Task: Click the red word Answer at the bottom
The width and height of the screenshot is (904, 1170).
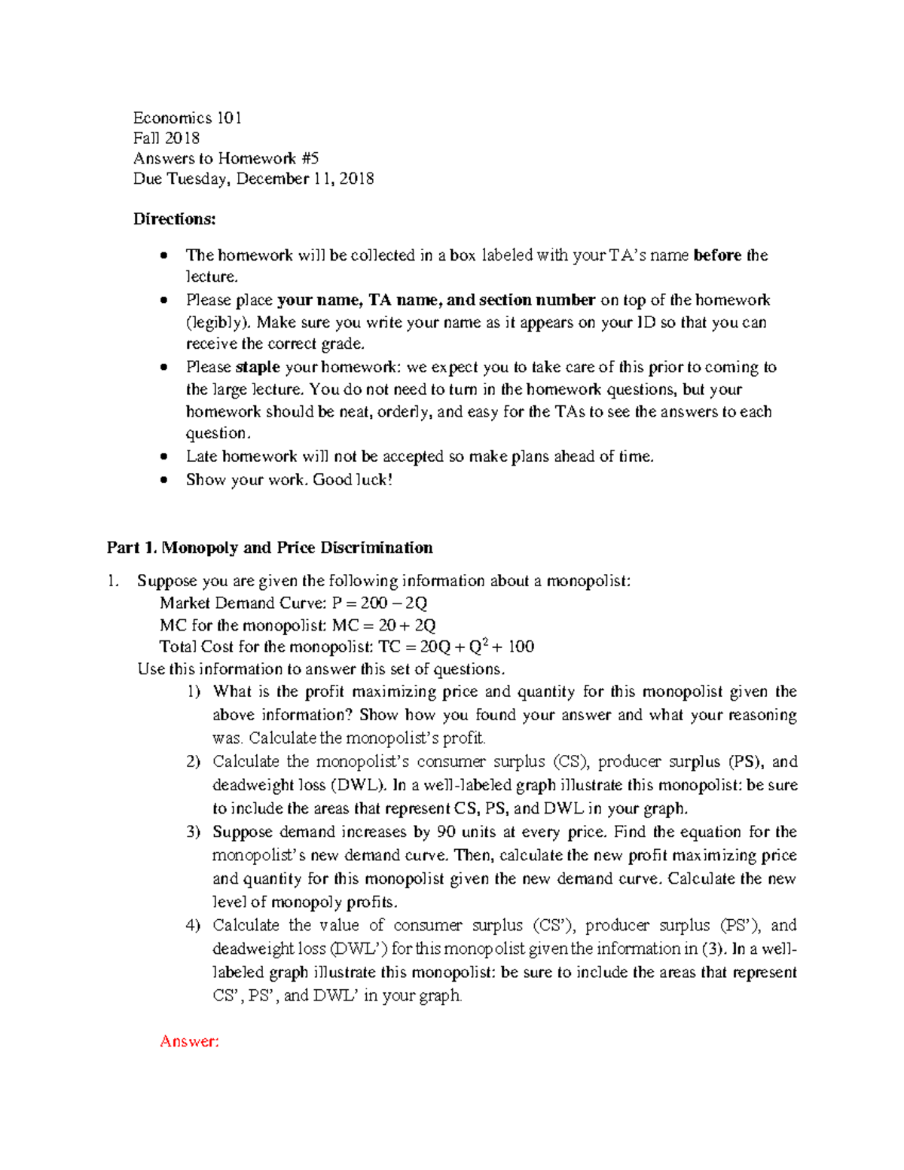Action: pyautogui.click(x=188, y=1041)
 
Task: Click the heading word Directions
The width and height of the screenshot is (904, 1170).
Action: pyautogui.click(x=174, y=219)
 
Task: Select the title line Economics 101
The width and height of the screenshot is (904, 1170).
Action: pyautogui.click(x=187, y=118)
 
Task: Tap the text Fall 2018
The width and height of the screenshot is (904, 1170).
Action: pyautogui.click(x=166, y=138)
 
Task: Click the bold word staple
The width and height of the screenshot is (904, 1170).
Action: pyautogui.click(x=258, y=368)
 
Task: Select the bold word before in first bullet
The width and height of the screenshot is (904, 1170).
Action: pyautogui.click(x=716, y=255)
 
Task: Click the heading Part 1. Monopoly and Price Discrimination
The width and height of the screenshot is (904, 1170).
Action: pyautogui.click(x=270, y=548)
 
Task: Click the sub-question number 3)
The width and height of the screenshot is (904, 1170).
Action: pyautogui.click(x=193, y=832)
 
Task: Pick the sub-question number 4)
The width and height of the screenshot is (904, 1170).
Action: pyautogui.click(x=193, y=925)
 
